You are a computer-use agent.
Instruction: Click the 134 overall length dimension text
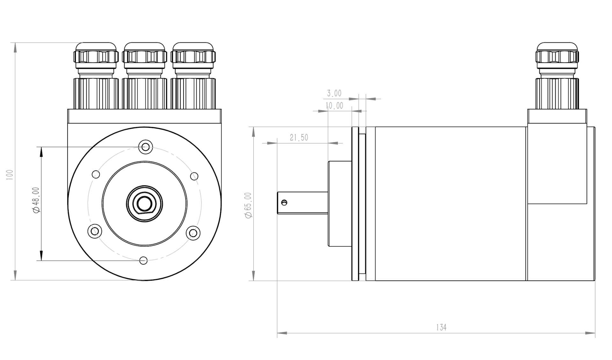(x=441, y=327)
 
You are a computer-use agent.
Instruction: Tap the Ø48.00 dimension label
(x=36, y=200)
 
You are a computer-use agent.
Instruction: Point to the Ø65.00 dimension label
(x=248, y=205)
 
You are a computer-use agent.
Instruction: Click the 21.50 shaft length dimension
(x=299, y=137)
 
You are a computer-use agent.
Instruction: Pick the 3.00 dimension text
(x=334, y=93)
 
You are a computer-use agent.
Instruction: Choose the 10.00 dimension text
(x=334, y=106)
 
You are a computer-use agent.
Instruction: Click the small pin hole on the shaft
(x=284, y=202)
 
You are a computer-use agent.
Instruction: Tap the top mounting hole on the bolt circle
(x=146, y=147)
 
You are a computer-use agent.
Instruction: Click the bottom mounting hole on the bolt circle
(x=144, y=261)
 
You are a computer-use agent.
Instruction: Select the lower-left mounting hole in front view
(x=95, y=231)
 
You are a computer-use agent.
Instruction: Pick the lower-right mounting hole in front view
(x=193, y=233)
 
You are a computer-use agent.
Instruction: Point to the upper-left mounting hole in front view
(x=96, y=174)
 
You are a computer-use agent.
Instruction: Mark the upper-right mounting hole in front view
(x=194, y=176)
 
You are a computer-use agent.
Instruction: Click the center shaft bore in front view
(x=144, y=203)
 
